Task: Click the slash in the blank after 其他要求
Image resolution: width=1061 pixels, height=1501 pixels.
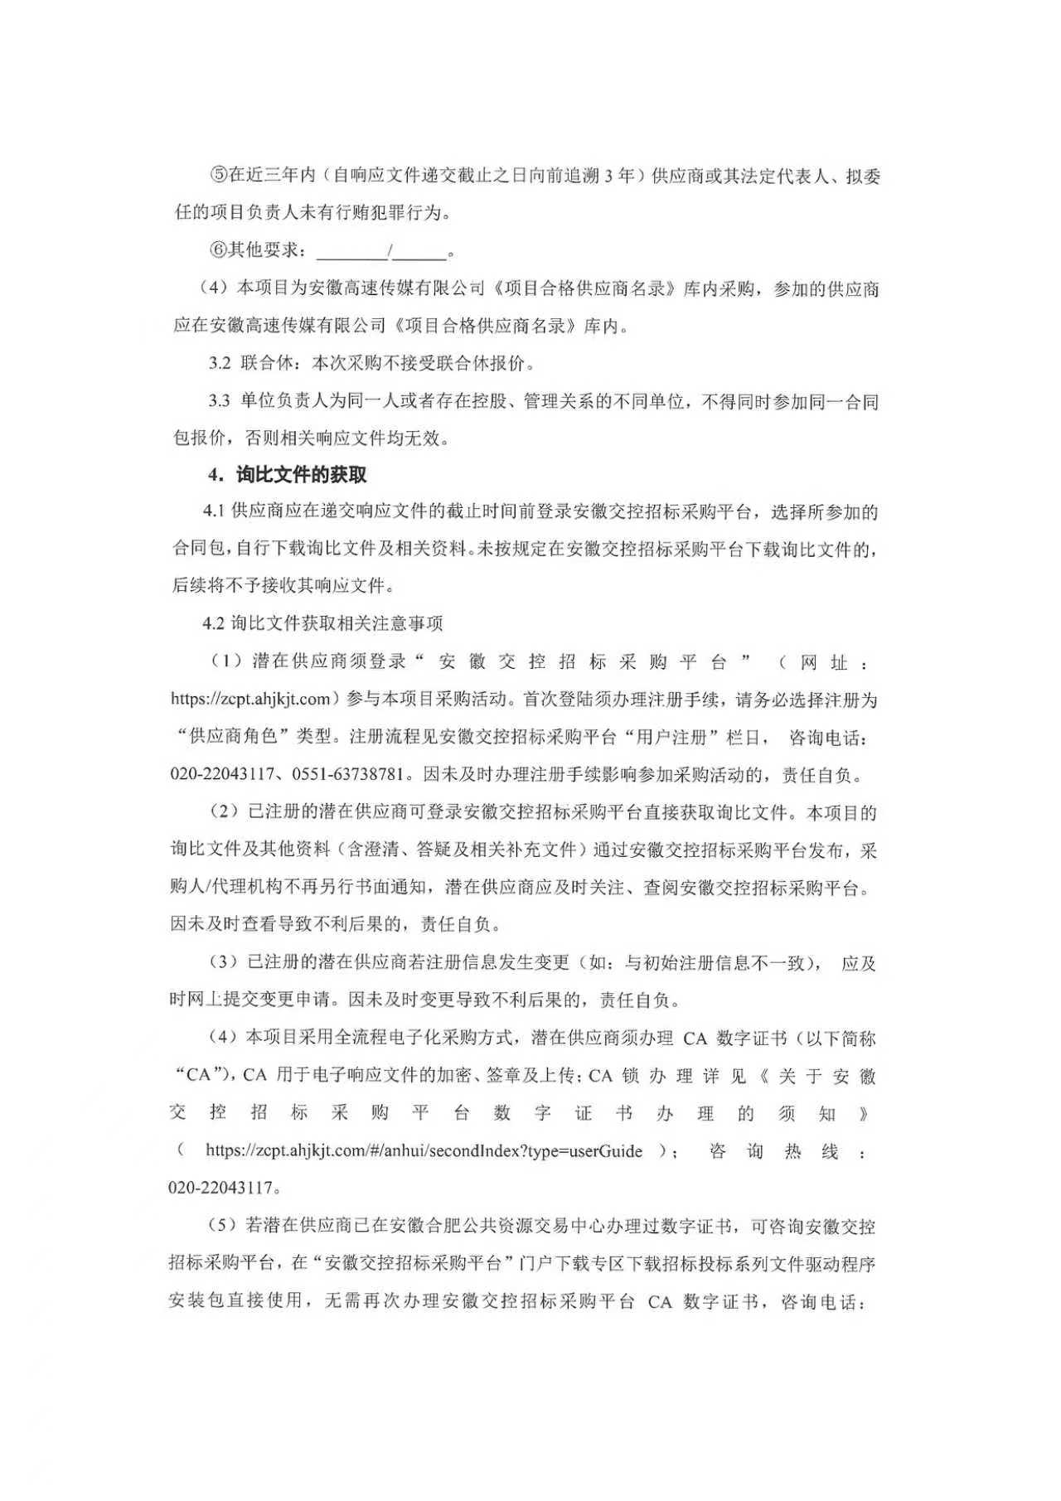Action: [x=390, y=250]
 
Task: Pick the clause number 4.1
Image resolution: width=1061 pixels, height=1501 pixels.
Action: [x=215, y=511]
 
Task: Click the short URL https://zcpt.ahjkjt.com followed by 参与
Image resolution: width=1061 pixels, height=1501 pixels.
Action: [x=251, y=699]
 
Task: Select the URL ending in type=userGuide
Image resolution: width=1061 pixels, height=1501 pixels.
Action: [x=424, y=1151]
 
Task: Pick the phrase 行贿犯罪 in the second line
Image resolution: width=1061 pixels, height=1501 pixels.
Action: [x=360, y=213]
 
